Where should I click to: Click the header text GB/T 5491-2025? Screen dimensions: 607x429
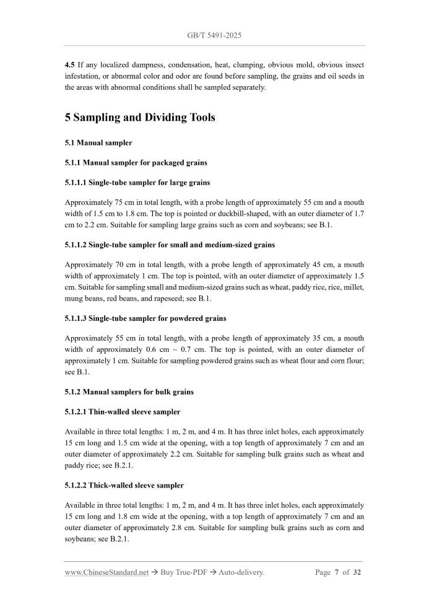click(x=214, y=35)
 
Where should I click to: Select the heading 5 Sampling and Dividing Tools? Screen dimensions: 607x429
click(x=140, y=117)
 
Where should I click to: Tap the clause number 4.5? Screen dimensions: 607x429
click(x=71, y=65)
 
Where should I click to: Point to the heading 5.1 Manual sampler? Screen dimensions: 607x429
click(x=98, y=143)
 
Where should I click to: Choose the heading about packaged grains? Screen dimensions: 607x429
click(x=136, y=163)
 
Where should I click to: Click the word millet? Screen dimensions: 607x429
click(x=352, y=287)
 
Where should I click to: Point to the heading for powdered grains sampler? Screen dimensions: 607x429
click(x=145, y=318)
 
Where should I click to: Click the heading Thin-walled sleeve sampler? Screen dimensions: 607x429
click(x=123, y=411)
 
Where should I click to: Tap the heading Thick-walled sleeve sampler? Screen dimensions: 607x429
click(x=124, y=485)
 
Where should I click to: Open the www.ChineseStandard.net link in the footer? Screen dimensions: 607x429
click(x=106, y=573)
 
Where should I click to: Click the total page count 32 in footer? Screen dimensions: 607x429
click(x=357, y=573)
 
